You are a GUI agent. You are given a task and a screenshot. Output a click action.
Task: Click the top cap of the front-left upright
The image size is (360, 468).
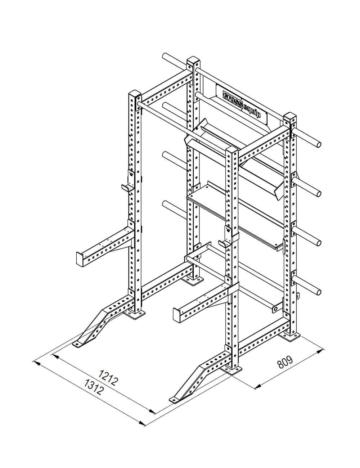(x=135, y=95)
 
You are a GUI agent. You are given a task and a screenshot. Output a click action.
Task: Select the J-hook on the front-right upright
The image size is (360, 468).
(x=224, y=243)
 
